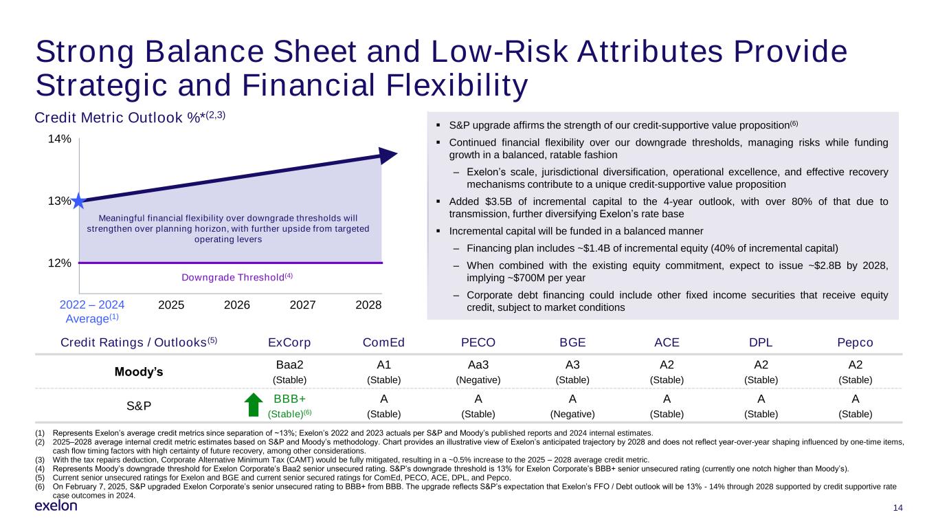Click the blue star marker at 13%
[78, 201]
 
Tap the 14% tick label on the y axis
[59, 139]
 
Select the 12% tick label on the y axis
[59, 263]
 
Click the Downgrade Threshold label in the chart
[236, 276]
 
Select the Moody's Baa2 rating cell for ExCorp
[289, 365]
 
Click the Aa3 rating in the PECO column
[478, 365]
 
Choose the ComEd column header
[383, 342]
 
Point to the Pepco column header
[855, 342]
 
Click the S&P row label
[139, 406]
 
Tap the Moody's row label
[139, 372]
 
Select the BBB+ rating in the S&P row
[289, 399]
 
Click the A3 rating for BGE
[572, 365]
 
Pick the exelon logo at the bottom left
[56, 506]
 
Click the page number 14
[896, 509]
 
